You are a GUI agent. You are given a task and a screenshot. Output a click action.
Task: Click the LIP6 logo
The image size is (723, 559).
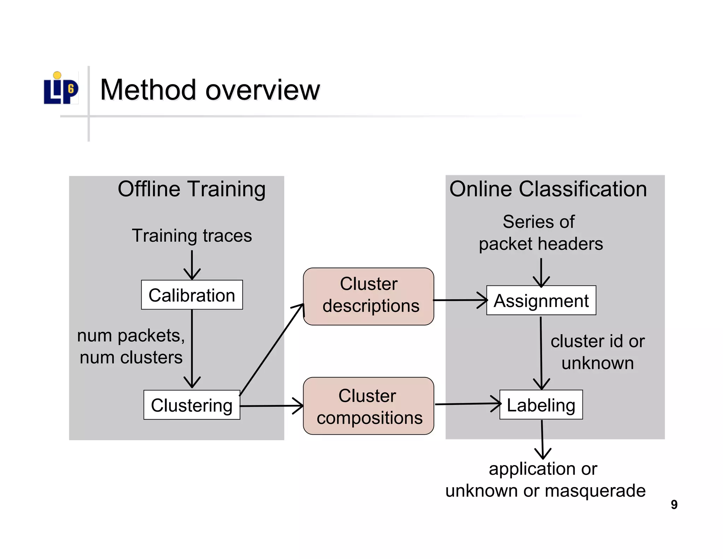click(61, 88)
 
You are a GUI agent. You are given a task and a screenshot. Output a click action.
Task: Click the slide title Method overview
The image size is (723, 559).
click(210, 90)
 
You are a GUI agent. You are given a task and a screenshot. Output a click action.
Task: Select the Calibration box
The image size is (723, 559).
click(192, 295)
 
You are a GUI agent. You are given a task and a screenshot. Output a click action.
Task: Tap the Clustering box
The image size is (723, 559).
click(192, 405)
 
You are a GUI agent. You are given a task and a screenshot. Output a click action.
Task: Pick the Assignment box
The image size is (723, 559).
click(541, 301)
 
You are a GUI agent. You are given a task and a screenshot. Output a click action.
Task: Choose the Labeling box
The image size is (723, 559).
click(541, 405)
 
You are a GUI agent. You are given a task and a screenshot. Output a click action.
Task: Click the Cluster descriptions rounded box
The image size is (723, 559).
click(369, 296)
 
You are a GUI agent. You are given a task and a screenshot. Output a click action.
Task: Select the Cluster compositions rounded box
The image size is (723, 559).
click(369, 406)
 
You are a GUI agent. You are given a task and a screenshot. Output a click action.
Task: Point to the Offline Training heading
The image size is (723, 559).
click(191, 189)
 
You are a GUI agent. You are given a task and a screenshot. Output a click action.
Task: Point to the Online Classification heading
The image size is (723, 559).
click(548, 189)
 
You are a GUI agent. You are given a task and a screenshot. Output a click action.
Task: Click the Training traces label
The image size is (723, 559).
click(192, 236)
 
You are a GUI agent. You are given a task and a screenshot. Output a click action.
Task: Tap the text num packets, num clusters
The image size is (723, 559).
click(131, 346)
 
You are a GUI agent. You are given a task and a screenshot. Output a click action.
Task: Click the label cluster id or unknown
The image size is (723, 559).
click(597, 352)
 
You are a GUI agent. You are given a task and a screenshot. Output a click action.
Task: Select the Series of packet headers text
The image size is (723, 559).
click(540, 233)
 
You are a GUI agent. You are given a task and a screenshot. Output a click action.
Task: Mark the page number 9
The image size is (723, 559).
click(674, 505)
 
